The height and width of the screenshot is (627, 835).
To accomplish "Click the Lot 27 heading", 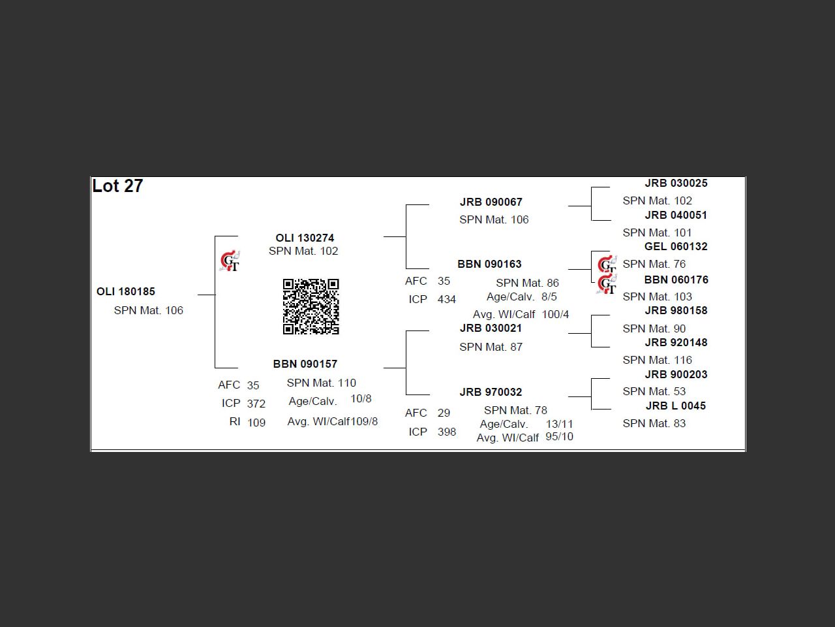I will click(117, 186).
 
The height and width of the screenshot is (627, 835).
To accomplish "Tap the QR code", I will click(311, 306).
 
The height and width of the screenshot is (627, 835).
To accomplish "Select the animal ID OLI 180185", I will click(126, 292).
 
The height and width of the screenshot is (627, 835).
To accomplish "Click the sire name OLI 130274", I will click(305, 238).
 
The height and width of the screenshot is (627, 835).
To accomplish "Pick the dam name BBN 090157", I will click(305, 364).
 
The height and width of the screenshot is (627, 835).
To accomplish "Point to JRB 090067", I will click(491, 202).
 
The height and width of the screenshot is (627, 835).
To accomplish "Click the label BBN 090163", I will click(489, 265).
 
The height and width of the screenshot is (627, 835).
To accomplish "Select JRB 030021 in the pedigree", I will click(491, 329).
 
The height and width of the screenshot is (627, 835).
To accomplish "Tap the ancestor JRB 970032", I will click(491, 393).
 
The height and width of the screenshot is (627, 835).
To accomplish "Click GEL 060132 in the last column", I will click(675, 247).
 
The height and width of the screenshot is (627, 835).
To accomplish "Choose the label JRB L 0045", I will click(675, 406).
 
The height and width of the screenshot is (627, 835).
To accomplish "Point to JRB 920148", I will click(675, 343).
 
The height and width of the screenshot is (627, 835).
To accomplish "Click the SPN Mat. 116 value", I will click(657, 361).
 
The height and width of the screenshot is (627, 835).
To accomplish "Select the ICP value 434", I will click(447, 300).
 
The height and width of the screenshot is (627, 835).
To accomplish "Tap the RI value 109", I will click(256, 423).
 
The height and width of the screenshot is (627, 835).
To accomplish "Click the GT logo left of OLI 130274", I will click(230, 261).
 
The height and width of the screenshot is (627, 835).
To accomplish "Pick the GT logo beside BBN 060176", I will click(607, 285).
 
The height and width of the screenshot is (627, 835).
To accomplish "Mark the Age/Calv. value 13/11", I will click(559, 425).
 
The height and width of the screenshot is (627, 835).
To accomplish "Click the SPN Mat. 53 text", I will click(654, 392).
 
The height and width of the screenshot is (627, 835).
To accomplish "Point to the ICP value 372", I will click(256, 404).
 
